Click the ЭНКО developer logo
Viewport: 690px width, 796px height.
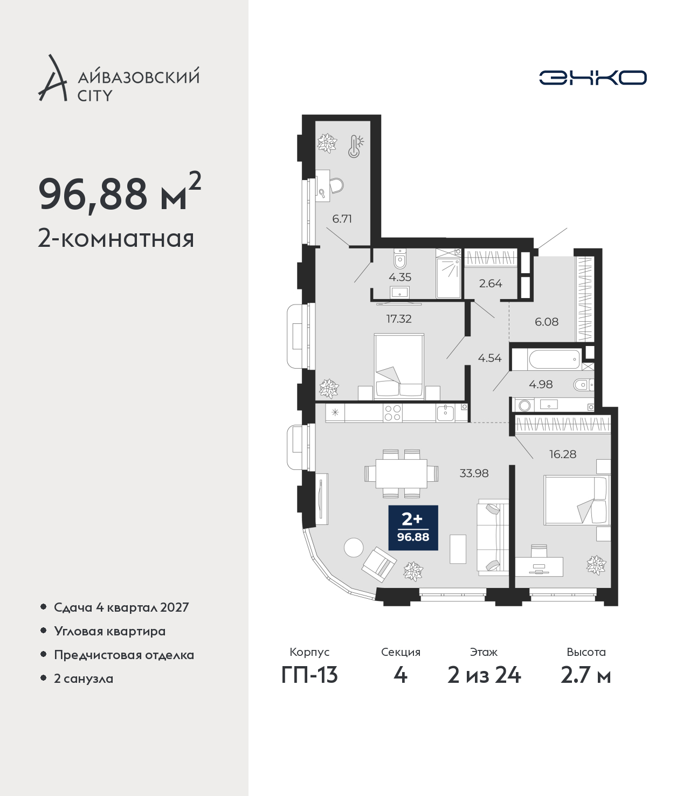coord(592,78)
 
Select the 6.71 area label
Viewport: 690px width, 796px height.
coord(342,219)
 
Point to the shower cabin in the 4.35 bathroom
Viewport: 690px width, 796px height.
coord(448,273)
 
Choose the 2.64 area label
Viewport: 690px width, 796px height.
coord(491,283)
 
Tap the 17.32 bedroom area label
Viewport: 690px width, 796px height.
coord(399,319)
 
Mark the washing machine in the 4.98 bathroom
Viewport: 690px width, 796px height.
coord(525,405)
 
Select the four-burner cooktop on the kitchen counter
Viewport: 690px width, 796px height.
coord(392,413)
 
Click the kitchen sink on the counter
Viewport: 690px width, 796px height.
coord(445,413)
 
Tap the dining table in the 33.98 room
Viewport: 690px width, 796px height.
coord(402,473)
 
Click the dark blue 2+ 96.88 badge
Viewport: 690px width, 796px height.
coord(413,528)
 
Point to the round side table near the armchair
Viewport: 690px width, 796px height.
coord(354,547)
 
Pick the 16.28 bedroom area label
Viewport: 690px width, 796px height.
coord(563,454)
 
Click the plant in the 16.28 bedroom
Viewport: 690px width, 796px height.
coord(596,565)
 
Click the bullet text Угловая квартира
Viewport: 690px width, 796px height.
coord(110,631)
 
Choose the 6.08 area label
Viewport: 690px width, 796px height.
coord(546,322)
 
